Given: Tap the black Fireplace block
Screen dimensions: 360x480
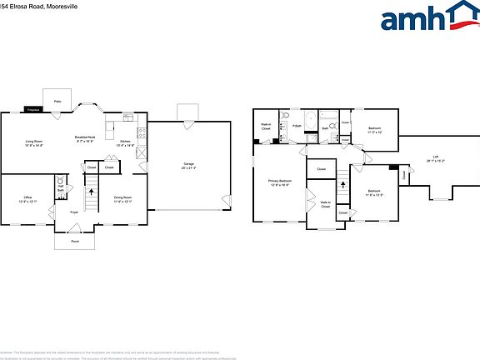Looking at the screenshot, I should (33, 109).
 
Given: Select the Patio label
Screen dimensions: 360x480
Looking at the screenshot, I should (57, 101).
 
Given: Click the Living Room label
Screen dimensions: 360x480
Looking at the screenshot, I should (34, 143).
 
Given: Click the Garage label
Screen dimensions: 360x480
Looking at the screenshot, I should (191, 165).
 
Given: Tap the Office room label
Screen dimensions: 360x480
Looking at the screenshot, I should (27, 199).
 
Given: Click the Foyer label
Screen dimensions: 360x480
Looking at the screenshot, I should (74, 212).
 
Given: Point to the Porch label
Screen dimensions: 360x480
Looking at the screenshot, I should (75, 241).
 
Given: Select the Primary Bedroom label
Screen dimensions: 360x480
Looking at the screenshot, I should (279, 182).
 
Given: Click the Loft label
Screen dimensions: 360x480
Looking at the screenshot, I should (435, 160).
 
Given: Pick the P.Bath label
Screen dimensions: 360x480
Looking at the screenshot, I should (296, 126).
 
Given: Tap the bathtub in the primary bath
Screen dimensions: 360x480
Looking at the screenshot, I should (311, 122).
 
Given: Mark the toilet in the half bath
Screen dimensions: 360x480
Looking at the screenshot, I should (61, 180).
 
